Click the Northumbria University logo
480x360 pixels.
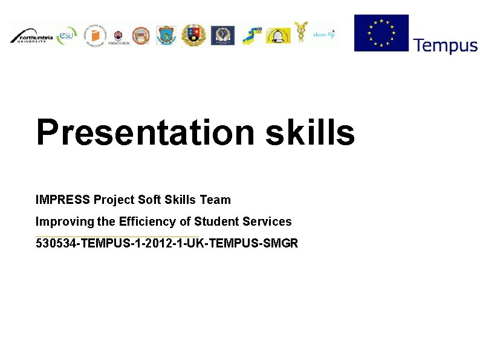(31, 36)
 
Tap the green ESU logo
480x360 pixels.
(67, 35)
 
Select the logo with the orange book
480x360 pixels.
(95, 36)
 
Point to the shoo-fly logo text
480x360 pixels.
(323, 34)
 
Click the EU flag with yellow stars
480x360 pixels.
(381, 33)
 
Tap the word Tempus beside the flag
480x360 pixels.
(445, 45)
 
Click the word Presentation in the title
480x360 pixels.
(145, 133)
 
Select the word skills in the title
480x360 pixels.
(310, 133)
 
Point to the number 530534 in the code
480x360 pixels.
(56, 244)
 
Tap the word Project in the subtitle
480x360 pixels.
(114, 200)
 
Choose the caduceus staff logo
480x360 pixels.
(300, 33)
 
